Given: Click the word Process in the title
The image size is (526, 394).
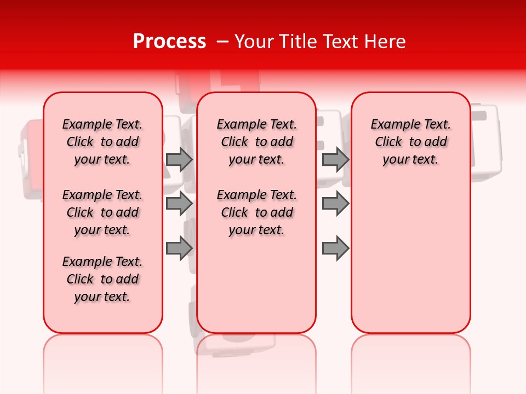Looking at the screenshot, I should click(169, 42).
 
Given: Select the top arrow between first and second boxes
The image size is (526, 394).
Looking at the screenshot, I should click(179, 160).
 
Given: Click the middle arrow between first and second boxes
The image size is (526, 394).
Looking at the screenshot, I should click(179, 204).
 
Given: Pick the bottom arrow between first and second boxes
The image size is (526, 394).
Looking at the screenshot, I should click(179, 248).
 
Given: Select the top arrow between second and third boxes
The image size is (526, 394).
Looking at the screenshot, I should click(335, 160).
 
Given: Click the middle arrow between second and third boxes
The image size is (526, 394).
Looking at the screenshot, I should click(335, 204).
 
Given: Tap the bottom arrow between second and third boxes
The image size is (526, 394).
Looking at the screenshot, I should click(335, 248).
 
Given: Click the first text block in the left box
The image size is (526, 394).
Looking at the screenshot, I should click(102, 142).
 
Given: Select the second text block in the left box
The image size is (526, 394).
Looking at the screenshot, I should click(102, 212).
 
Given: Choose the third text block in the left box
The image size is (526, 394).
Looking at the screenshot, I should click(102, 279).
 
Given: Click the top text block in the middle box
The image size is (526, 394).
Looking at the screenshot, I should click(256, 142).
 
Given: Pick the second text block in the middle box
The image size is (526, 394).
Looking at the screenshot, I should click(256, 212).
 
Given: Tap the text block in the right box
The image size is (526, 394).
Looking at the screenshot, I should click(410, 142).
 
